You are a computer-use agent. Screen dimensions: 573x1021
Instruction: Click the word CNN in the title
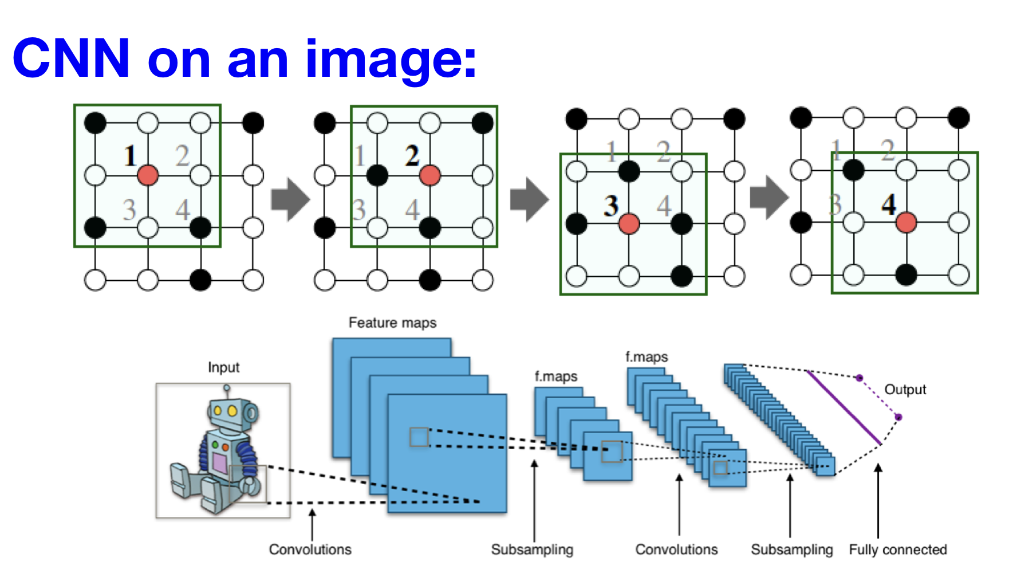72,58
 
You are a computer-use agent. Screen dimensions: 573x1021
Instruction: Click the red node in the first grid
148,175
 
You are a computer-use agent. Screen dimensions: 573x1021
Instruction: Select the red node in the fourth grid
906,222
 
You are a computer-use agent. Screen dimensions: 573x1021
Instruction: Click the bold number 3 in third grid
611,206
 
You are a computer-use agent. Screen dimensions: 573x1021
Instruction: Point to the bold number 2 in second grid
412,156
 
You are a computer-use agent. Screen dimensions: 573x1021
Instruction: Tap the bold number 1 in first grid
130,156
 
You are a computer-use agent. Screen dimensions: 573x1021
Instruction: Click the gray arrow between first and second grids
290,199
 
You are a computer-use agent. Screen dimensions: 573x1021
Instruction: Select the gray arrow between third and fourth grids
768,198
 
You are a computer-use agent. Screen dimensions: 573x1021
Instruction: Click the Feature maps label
392,323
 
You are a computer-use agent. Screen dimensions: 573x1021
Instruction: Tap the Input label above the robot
223,367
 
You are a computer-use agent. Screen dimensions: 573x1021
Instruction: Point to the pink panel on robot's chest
220,462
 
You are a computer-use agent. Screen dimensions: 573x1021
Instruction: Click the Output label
905,390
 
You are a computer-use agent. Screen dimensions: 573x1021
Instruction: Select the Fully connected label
897,550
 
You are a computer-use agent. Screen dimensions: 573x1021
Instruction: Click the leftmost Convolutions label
310,550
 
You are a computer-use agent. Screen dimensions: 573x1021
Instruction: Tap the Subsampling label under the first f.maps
531,550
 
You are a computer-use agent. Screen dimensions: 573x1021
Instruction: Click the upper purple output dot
859,378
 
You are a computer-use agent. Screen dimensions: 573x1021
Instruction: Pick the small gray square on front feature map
419,437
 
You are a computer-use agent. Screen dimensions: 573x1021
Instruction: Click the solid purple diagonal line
843,407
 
